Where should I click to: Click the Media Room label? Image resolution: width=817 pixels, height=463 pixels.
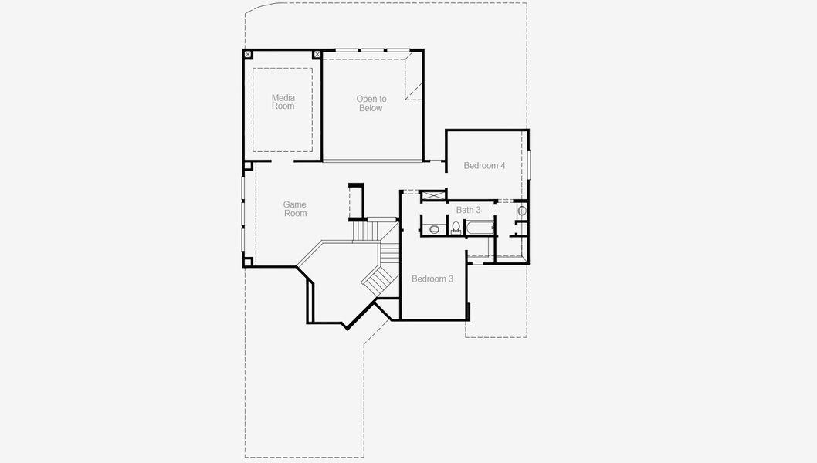(x=283, y=102)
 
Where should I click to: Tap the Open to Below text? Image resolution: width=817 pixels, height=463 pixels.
(x=371, y=103)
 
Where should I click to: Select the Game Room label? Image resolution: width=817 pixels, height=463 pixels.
(x=295, y=209)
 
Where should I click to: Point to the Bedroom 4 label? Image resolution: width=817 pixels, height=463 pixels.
(x=484, y=166)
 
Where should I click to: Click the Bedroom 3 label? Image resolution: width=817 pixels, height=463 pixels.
(x=432, y=279)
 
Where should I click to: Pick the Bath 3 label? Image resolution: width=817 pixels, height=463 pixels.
(x=468, y=210)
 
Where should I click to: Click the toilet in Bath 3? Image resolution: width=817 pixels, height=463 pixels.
(x=456, y=228)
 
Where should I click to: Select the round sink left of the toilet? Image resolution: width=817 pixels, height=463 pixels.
(x=434, y=228)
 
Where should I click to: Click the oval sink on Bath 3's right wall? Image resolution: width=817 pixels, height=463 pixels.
(x=521, y=210)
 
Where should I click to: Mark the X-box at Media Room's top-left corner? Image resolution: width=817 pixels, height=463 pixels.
(x=248, y=55)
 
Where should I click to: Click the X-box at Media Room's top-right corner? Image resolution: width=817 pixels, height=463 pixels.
(x=317, y=55)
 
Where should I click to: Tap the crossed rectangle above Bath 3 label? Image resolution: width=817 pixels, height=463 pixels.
(x=433, y=196)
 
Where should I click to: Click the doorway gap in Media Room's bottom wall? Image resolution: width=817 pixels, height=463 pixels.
(x=282, y=162)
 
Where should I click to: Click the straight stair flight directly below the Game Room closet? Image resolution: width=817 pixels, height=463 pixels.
(x=364, y=231)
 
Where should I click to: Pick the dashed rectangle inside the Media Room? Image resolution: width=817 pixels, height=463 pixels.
(x=283, y=109)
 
